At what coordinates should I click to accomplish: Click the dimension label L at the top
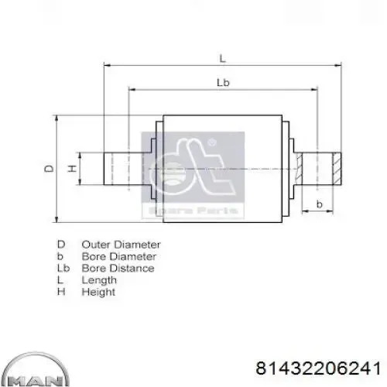click(x=222, y=59)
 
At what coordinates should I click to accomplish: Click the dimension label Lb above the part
click(x=223, y=83)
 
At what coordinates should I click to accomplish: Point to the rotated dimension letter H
click(x=73, y=169)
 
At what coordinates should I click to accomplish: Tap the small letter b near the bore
click(x=320, y=204)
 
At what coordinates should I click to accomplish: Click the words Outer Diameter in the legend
click(x=121, y=245)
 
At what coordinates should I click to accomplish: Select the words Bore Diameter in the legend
click(x=119, y=256)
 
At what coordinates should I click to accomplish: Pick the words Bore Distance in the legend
click(x=118, y=269)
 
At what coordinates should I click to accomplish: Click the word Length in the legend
click(x=99, y=280)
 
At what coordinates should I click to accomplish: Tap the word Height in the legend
click(x=98, y=293)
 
